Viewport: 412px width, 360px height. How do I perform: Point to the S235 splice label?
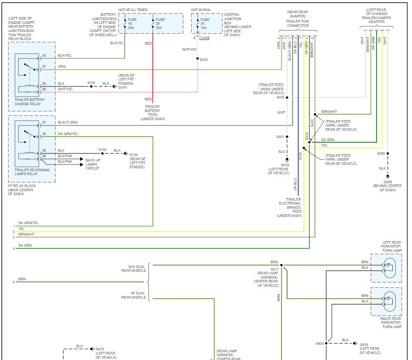(204, 60)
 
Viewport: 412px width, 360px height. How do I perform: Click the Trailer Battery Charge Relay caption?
(29, 101)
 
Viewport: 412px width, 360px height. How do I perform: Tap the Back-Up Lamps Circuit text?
(93, 164)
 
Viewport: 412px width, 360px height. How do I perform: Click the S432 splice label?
(280, 98)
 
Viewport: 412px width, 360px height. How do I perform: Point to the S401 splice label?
(280, 137)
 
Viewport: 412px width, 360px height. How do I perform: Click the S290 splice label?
(381, 153)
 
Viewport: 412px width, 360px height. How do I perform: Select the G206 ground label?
(387, 182)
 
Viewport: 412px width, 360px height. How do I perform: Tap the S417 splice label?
(275, 269)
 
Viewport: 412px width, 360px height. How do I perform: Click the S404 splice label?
(319, 343)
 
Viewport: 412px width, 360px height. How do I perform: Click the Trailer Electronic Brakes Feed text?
(293, 207)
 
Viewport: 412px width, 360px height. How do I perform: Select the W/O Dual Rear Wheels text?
(133, 269)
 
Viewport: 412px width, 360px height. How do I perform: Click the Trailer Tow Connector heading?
(298, 26)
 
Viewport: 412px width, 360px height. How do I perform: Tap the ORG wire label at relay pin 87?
(62, 66)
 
